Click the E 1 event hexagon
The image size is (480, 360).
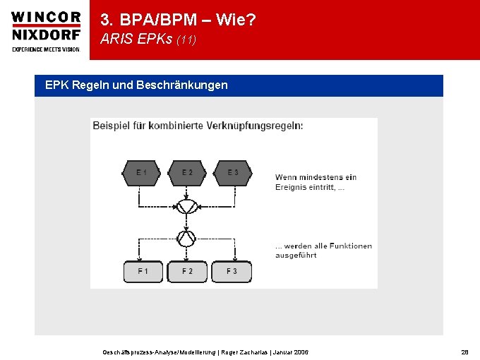click(x=142, y=173)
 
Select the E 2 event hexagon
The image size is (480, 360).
click(x=187, y=173)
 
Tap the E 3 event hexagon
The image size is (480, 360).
click(x=232, y=173)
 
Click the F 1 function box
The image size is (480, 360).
click(x=143, y=271)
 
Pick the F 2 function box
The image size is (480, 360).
click(x=187, y=271)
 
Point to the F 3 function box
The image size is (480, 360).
click(x=232, y=271)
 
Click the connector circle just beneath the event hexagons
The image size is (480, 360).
click(x=187, y=206)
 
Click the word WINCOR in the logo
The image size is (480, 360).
click(x=45, y=18)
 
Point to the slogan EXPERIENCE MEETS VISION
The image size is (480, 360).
click(x=45, y=49)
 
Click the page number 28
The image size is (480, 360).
click(x=464, y=352)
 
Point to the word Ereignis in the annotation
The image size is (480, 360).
click(x=290, y=188)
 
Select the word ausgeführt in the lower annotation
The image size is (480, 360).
click(x=296, y=256)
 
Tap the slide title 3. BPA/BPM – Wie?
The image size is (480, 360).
click(x=178, y=20)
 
